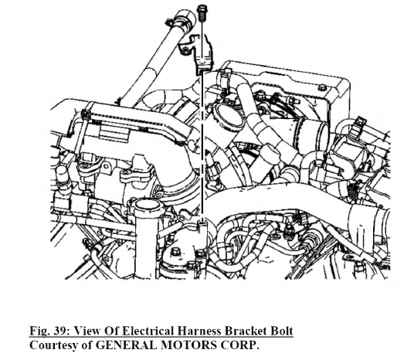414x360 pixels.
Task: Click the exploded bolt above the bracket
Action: coord(202,13)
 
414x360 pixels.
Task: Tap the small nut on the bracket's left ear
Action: coord(185,49)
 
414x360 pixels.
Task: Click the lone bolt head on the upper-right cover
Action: coord(323,87)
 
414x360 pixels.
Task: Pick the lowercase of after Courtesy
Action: coord(87,345)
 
